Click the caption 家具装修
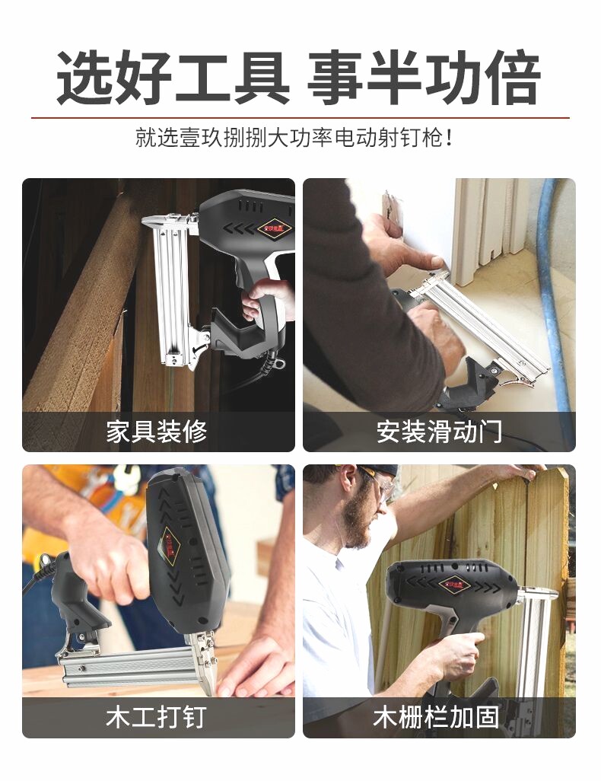point(157,432)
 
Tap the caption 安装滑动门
point(439,432)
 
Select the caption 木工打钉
point(157,717)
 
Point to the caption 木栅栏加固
point(436,717)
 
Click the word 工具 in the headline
point(231,77)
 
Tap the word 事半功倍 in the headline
point(425,77)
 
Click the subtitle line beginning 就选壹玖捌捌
point(294,138)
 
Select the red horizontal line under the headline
point(300,118)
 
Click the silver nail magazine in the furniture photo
point(170,289)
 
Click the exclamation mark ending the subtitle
point(449,138)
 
